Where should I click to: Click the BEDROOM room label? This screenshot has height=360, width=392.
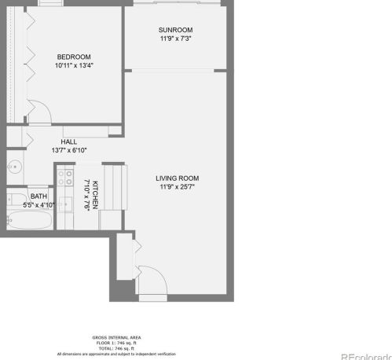74,57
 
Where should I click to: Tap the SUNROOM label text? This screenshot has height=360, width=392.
176,30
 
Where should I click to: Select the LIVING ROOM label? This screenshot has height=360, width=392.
177,178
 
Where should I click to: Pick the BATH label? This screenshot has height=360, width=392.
38,197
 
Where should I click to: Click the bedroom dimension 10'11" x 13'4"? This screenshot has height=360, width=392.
74,66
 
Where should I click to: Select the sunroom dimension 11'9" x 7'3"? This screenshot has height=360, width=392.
176,39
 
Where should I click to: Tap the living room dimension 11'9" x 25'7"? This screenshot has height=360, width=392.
177,187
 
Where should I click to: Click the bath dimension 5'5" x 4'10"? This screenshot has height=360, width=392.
38,204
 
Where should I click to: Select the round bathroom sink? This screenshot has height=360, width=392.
15,167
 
